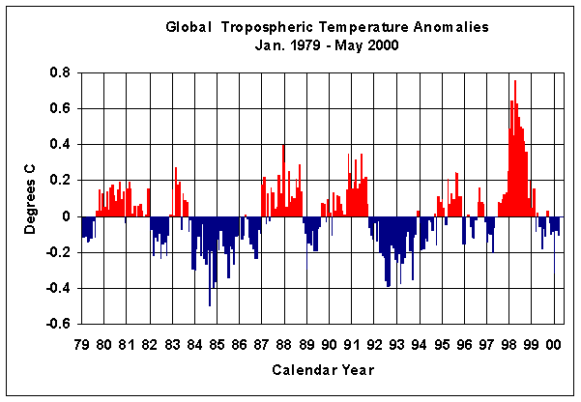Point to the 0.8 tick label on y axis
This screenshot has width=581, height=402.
pyautogui.click(x=57, y=72)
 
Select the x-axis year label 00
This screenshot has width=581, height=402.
pyautogui.click(x=554, y=344)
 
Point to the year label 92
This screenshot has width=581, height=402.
pyautogui.click(x=373, y=344)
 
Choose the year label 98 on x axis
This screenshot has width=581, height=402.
pyautogui.click(x=508, y=344)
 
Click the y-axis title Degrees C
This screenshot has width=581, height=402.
pyautogui.click(x=31, y=199)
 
